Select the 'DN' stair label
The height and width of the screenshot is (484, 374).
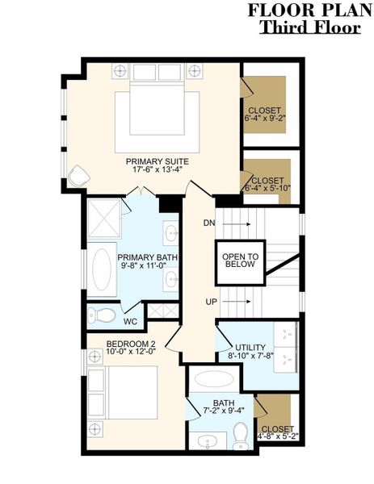click(x=209, y=223)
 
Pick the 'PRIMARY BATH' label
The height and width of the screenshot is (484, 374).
click(x=147, y=257)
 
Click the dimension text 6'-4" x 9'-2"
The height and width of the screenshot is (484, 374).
click(x=266, y=118)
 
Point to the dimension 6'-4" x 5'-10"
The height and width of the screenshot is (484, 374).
click(x=267, y=189)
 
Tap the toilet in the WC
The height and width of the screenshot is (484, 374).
click(x=99, y=313)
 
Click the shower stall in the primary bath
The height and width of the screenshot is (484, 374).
click(x=104, y=219)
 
